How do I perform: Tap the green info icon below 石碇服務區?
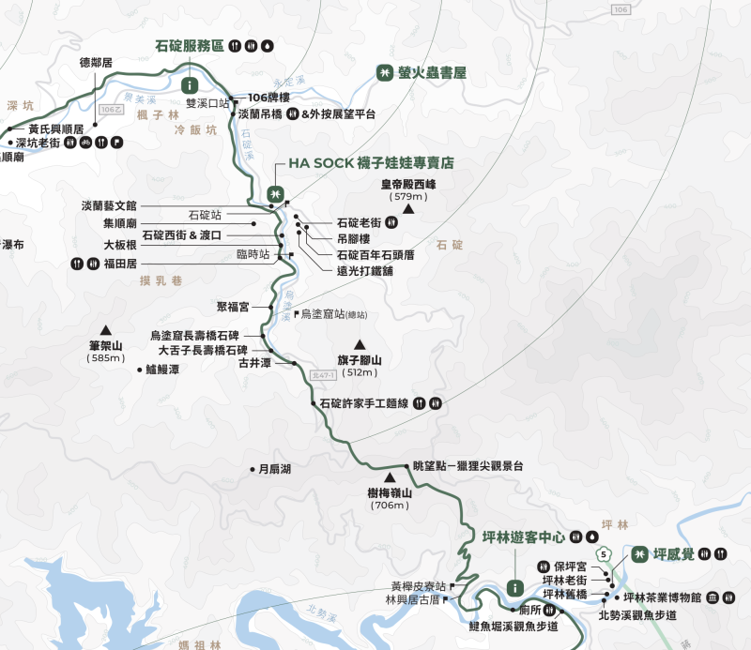[189, 84]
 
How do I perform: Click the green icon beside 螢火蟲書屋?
[384, 71]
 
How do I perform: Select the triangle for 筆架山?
[106, 329]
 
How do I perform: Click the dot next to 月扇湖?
[252, 469]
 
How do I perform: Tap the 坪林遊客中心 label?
[516, 537]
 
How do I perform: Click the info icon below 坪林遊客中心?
[514, 586]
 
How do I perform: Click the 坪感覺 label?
[675, 553]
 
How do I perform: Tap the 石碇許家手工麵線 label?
[363, 403]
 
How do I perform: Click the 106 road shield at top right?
[619, 9]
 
